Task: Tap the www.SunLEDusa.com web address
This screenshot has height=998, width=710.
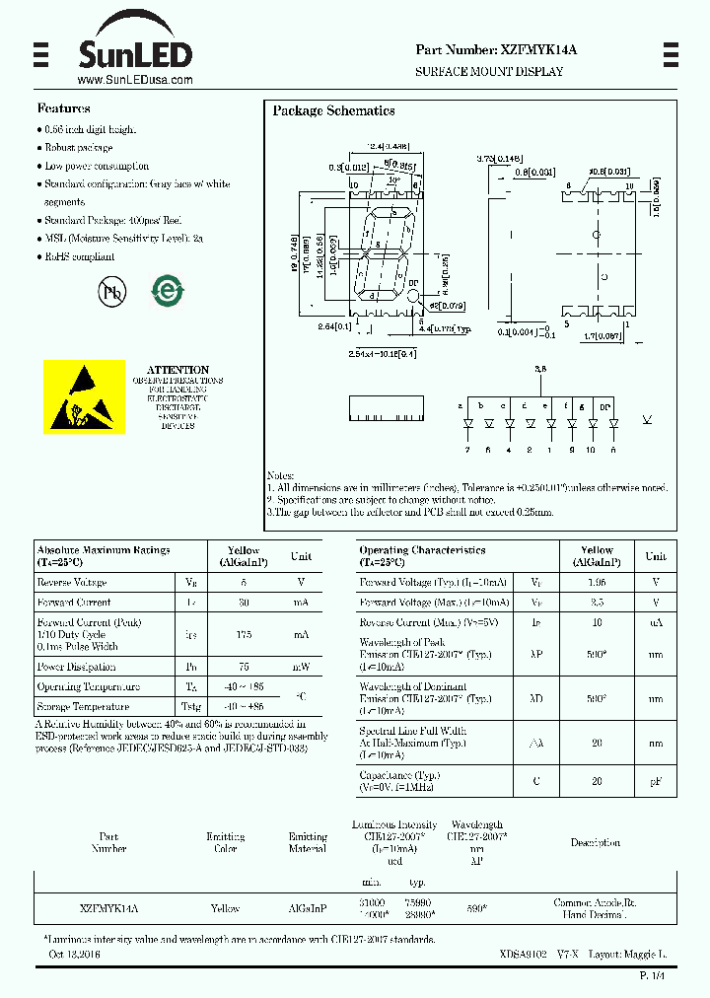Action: tap(134, 81)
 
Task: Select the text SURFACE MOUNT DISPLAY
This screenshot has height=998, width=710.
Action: tap(489, 72)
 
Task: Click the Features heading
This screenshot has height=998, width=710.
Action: tap(63, 108)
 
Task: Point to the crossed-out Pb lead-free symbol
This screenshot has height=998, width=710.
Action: tap(111, 291)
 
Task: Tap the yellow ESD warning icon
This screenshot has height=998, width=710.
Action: tap(84, 396)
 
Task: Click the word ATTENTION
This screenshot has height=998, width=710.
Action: tap(177, 370)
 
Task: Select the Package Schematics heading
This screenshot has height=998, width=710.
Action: tap(333, 111)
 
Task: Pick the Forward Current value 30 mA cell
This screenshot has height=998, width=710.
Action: tap(244, 603)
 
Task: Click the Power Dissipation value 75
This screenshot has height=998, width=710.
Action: tap(244, 666)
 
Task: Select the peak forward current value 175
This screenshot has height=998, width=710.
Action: tap(244, 634)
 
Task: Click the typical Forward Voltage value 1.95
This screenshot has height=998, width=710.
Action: tap(597, 582)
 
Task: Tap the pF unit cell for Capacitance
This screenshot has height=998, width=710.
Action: tap(655, 781)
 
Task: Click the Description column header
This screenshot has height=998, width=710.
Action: tap(595, 843)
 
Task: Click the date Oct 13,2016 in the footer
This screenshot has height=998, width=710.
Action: tap(75, 955)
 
